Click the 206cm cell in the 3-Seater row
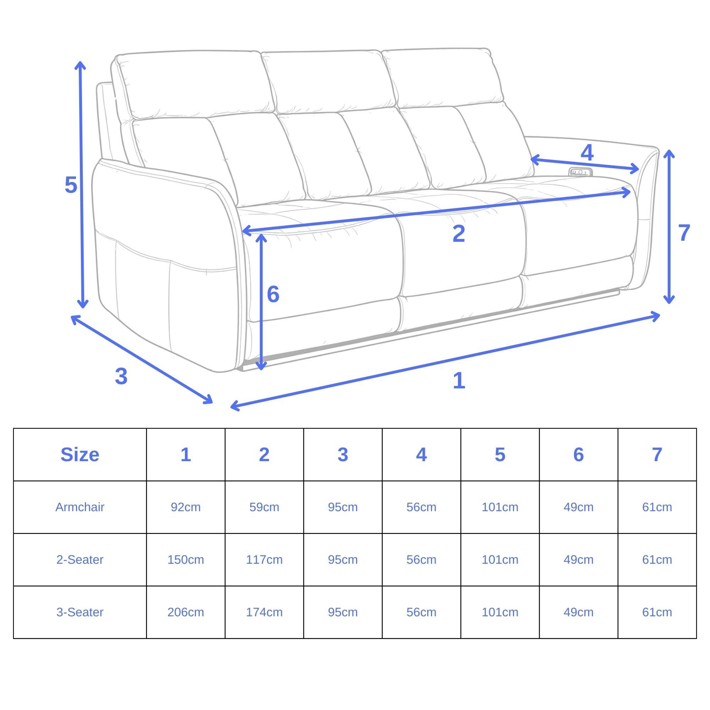coord(186,612)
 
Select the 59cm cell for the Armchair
coord(264,507)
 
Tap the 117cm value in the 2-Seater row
coord(264,560)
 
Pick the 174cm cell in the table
coord(264,612)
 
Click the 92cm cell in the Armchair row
coord(186,507)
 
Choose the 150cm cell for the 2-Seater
coord(186,560)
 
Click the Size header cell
coord(80,455)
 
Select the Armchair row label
coord(80,507)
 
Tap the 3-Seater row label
coord(80,612)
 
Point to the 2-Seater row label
coord(80,560)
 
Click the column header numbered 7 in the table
coord(657,455)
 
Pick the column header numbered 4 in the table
coord(421,455)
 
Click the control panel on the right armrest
coord(581,172)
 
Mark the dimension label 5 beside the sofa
coord(71,185)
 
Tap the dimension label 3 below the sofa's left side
coord(121,377)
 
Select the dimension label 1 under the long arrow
coord(459,381)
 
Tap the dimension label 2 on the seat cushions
coord(459,234)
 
